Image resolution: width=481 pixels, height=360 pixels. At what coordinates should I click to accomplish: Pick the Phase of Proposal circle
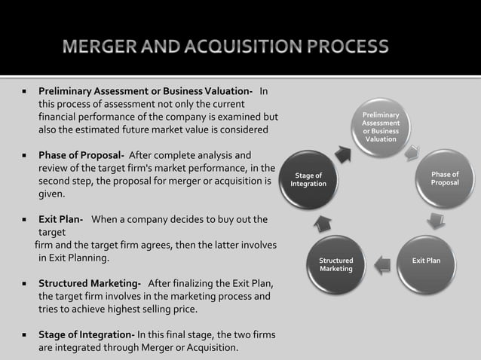coord(444,179)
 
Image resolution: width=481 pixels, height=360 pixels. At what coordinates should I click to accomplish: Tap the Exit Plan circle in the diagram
coord(426,261)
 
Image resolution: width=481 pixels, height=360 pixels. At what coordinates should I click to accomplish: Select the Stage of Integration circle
coord(308,180)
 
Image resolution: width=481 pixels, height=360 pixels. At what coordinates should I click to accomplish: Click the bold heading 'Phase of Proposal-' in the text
coord(81,155)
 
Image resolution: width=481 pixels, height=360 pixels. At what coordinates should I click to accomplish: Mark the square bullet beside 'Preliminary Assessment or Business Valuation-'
coord(24,92)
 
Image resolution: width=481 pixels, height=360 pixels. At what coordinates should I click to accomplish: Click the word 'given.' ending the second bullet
coord(53,194)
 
